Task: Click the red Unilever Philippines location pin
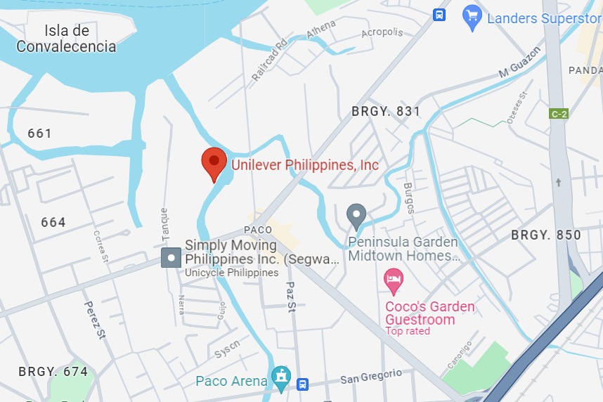coord(214,164)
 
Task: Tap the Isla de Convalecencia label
coord(66,39)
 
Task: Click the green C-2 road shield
coord(559,114)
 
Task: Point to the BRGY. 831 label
coord(386,111)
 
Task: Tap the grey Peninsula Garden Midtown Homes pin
coord(357,215)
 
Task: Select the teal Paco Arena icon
coord(281,376)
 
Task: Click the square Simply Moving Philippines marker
coord(170,257)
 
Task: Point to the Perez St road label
coord(95,320)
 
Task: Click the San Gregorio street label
coord(371,377)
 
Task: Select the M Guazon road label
coord(520,63)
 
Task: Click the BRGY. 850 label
coord(546,235)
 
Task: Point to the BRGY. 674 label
coord(53,371)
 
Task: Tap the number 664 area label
coord(53,223)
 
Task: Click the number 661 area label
coord(40,133)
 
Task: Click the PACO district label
coord(258,230)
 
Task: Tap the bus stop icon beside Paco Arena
coord(303,384)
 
